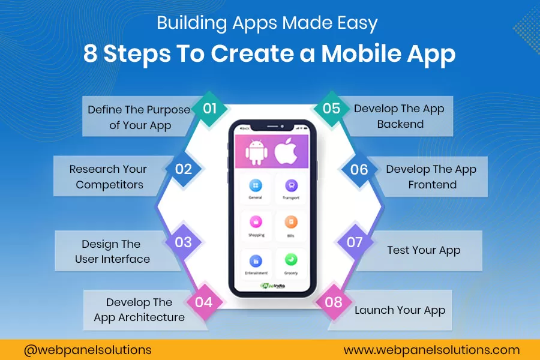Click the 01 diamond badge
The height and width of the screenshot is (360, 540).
click(209, 109)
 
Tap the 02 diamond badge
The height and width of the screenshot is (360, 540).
click(184, 169)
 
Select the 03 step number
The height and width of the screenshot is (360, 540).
click(183, 242)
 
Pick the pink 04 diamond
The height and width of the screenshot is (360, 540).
click(204, 302)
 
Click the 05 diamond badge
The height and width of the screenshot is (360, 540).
click(331, 109)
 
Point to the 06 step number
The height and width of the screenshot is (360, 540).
click(359, 169)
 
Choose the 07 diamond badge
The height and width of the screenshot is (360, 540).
click(355, 242)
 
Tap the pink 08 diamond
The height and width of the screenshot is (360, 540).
click(333, 302)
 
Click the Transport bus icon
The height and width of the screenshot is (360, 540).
click(290, 185)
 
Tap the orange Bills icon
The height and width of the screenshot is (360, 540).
click(290, 223)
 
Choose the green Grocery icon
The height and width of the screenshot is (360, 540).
click(290, 260)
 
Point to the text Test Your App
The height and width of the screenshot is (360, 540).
click(424, 250)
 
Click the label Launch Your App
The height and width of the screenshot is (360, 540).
click(400, 310)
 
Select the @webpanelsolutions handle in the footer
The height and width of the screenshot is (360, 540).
click(88, 349)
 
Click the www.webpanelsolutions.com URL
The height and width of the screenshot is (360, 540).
click(431, 349)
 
